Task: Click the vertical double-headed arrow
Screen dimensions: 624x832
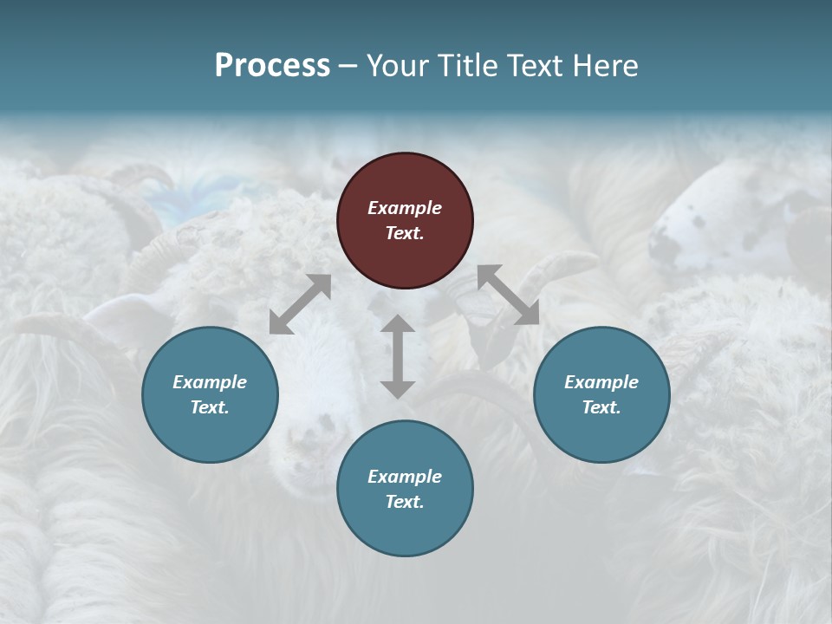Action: point(398,356)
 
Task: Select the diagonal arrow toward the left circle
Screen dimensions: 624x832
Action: point(300,304)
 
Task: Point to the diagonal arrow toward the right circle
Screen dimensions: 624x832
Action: point(508,295)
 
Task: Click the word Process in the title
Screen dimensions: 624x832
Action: point(272,66)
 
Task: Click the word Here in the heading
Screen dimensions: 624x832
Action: point(606,66)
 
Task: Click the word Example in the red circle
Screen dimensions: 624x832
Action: point(405,208)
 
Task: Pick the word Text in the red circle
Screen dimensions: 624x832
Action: point(405,233)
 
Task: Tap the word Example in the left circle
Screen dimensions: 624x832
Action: point(210,382)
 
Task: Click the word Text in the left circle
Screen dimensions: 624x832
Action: point(210,407)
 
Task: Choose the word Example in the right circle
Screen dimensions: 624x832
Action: point(601,382)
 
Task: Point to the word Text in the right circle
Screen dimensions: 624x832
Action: point(601,407)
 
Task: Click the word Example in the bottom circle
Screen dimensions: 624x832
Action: point(405,477)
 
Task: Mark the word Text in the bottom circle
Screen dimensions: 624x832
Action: point(405,502)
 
